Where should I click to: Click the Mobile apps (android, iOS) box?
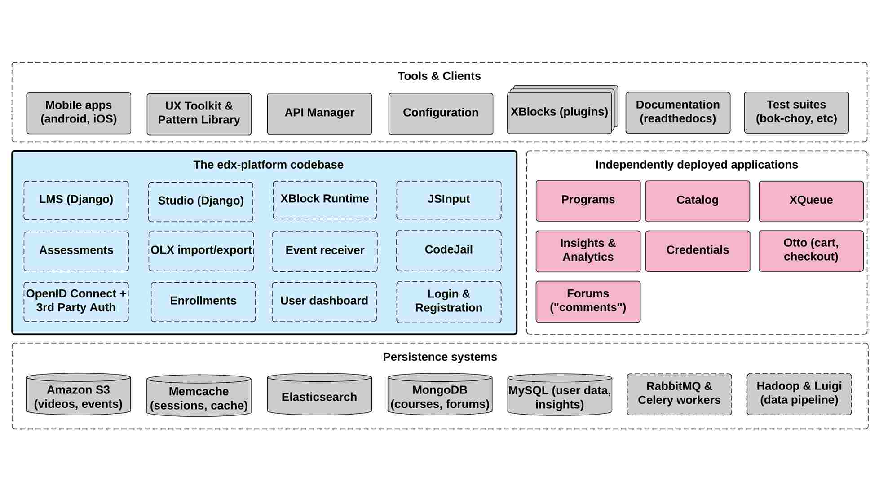click(79, 113)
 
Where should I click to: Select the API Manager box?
click(319, 114)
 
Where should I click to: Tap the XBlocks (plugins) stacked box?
click(562, 110)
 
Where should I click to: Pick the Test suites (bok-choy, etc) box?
click(796, 113)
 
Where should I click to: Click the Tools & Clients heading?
click(439, 76)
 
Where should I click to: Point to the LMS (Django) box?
click(76, 201)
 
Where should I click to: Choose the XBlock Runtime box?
click(325, 200)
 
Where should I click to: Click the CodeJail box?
click(449, 251)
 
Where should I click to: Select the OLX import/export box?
click(201, 251)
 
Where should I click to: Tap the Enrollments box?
click(203, 302)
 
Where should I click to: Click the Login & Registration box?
click(449, 302)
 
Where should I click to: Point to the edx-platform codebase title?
click(268, 165)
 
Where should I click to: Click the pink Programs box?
click(588, 201)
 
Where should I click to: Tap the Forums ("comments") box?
click(588, 302)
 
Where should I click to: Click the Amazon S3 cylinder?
click(79, 394)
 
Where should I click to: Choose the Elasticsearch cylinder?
click(319, 394)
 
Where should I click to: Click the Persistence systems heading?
click(440, 357)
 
